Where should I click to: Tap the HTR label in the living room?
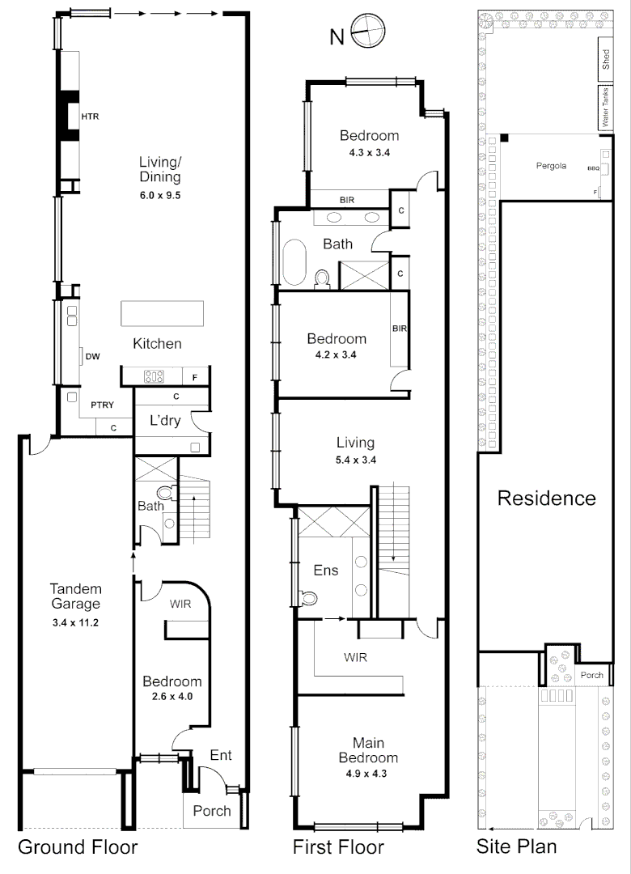click(x=90, y=117)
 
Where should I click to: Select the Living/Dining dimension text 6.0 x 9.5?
click(x=159, y=195)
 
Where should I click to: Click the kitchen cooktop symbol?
click(x=154, y=375)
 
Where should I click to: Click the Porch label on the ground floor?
click(x=212, y=811)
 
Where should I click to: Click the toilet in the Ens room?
click(x=307, y=598)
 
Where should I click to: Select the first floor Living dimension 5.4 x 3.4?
click(x=356, y=460)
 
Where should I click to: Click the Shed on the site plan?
click(x=605, y=61)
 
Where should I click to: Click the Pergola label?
click(x=552, y=166)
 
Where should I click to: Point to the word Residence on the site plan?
click(x=546, y=498)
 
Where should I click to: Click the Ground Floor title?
click(x=78, y=847)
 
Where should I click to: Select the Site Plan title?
click(x=515, y=847)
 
